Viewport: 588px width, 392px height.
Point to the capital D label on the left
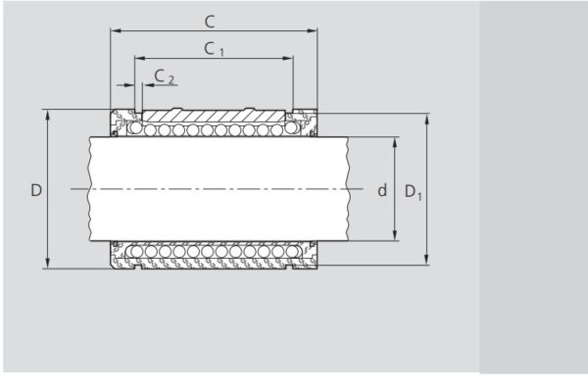(35, 189)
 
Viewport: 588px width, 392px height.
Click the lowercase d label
(382, 190)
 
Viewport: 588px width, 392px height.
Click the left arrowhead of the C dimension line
(115, 31)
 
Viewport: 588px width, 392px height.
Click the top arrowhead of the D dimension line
(46, 113)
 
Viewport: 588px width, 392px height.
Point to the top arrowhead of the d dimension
(395, 140)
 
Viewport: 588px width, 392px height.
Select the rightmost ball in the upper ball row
(291, 129)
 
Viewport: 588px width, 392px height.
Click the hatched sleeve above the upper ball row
(216, 116)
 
